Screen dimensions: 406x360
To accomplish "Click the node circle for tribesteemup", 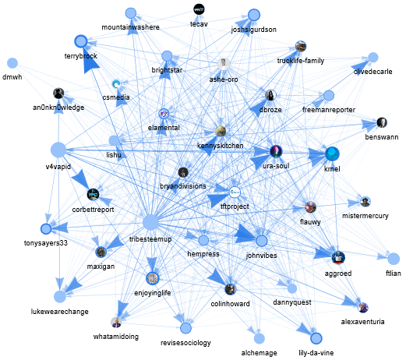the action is (150, 222).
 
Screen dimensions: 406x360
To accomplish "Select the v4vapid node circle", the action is (58, 150).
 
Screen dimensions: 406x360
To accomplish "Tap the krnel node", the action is (332, 154).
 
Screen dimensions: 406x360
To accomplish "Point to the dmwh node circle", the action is (12, 63).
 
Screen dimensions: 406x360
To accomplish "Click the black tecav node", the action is (199, 9).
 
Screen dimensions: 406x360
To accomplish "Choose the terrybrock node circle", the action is (81, 41).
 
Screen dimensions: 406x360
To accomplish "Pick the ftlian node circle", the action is (394, 259).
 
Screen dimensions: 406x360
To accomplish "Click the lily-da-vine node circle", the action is (316, 338).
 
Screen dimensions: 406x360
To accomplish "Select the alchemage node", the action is (259, 338).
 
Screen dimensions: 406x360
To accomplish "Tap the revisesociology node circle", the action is (185, 328).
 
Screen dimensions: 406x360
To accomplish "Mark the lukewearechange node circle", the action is (60, 297).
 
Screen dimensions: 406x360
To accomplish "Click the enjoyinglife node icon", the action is (153, 278).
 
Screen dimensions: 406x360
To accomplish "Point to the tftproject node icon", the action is (235, 192).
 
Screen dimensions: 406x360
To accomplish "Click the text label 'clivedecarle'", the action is (373, 72).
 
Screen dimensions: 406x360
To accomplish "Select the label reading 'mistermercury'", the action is (365, 216).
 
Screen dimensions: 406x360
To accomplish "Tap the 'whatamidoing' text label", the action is (116, 337).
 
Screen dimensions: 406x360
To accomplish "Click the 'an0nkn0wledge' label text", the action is (58, 108).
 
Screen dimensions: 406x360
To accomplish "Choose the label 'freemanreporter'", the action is (329, 110).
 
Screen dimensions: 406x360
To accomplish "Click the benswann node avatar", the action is (382, 122).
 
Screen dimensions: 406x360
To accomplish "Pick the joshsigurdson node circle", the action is (254, 15).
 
